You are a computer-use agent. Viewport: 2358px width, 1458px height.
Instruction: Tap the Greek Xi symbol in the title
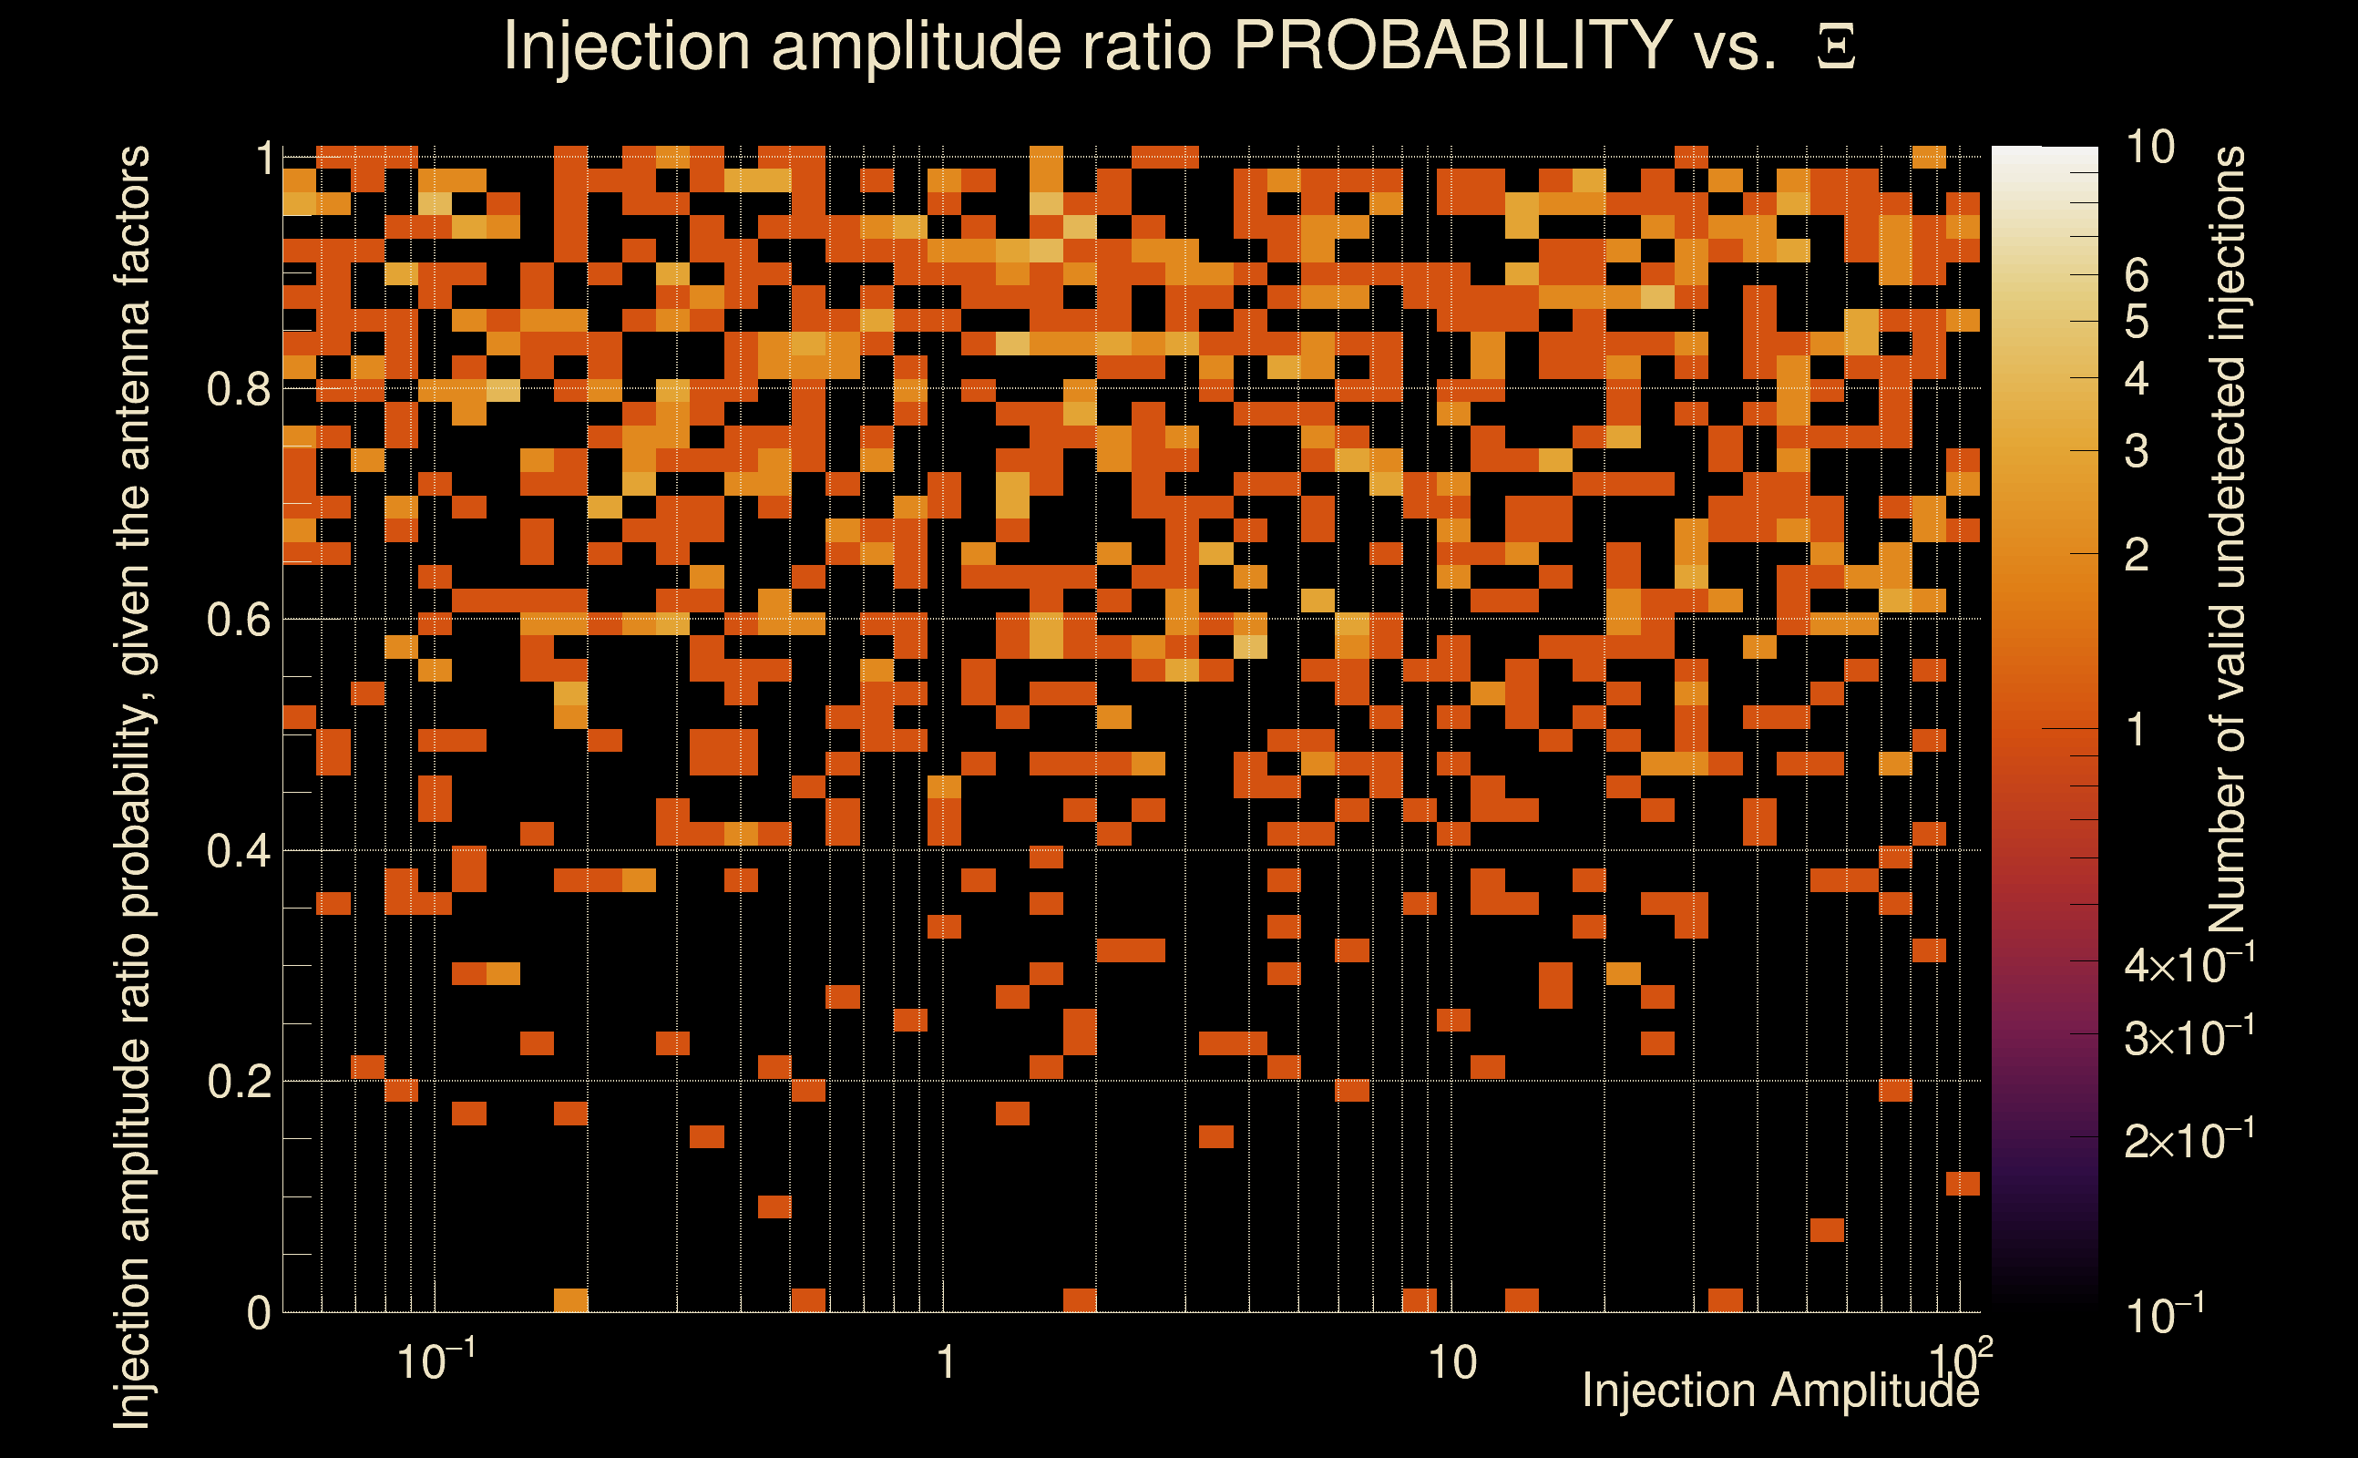click(1836, 47)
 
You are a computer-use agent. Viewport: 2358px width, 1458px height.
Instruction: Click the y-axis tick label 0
click(259, 1313)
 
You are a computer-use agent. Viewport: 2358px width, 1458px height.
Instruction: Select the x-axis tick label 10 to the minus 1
click(436, 1361)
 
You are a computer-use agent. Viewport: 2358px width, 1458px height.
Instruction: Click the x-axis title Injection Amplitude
click(1780, 1391)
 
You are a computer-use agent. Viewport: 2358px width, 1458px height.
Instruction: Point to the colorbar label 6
click(2136, 277)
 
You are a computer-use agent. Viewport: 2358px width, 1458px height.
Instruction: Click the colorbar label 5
click(2136, 322)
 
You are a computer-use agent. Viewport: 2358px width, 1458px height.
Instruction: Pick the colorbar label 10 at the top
click(2148, 148)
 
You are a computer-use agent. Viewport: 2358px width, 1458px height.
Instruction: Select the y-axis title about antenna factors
click(132, 785)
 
